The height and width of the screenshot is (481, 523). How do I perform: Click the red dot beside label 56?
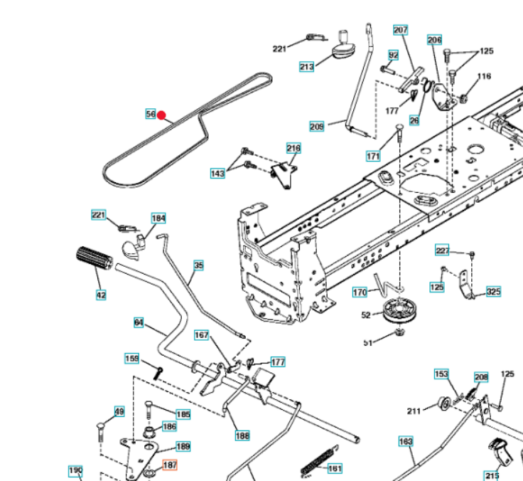point(161,115)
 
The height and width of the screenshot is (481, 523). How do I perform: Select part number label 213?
point(306,67)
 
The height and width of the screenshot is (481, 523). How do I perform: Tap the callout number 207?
point(401,30)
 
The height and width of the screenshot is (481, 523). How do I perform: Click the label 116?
point(484,77)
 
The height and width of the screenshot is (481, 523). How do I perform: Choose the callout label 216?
point(293,148)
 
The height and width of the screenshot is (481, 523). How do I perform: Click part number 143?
point(217,174)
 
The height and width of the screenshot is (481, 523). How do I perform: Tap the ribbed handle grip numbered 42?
point(92,258)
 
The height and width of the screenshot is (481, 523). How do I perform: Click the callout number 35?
point(198,265)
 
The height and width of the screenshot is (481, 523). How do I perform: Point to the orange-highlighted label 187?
point(170,465)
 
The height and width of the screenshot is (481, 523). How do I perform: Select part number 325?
point(493,292)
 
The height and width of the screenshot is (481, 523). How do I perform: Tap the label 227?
point(443,250)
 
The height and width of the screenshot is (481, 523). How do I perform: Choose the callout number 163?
point(405,442)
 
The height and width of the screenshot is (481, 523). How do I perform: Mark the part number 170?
point(360,292)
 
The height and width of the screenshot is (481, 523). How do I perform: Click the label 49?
point(119,412)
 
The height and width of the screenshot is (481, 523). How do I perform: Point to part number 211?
point(414,410)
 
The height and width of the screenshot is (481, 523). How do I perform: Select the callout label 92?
point(393,55)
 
